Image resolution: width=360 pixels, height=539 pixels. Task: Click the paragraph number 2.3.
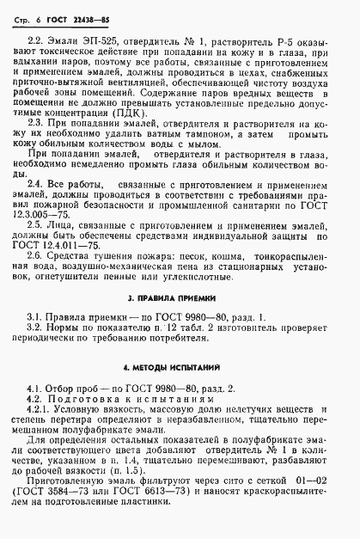(x=37, y=149)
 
